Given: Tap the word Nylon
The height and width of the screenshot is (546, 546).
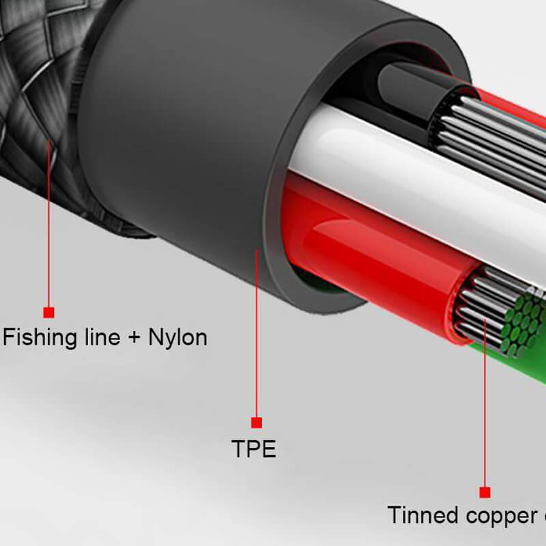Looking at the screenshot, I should pos(177,337).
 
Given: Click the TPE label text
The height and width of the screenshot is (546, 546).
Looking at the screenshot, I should pos(254,449).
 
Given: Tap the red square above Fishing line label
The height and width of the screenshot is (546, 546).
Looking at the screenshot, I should pos(48,313).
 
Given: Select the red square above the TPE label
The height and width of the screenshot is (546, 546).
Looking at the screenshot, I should pos(257,422).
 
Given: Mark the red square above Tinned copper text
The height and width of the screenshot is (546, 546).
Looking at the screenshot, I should pos(485,492).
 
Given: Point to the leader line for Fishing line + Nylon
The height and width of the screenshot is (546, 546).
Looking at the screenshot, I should pos(48,225).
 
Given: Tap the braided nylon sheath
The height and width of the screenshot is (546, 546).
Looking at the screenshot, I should pos(41,102).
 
